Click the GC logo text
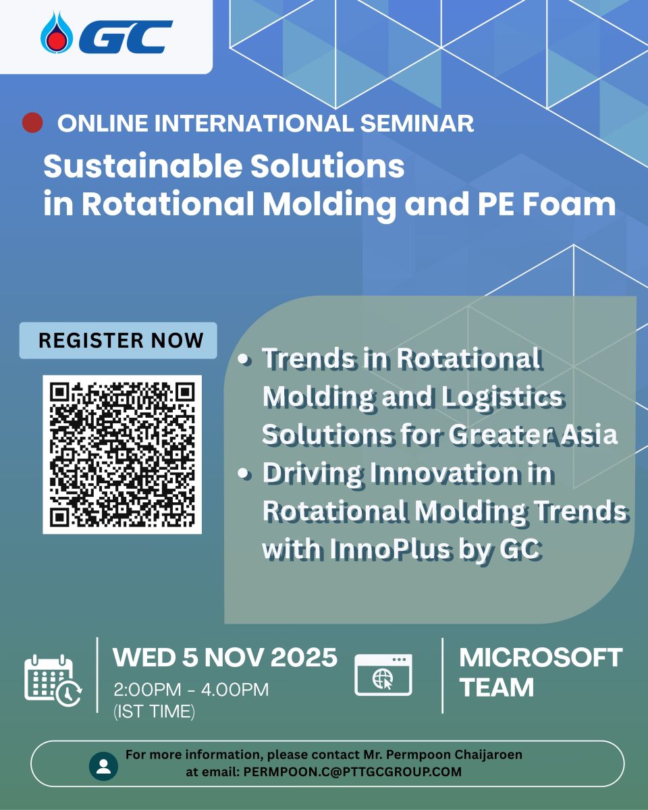(126, 37)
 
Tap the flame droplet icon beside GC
(57, 32)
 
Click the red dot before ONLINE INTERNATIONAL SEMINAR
(32, 123)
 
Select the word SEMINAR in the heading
(417, 123)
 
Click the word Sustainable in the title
(142, 166)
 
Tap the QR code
(122, 454)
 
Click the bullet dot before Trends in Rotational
(245, 360)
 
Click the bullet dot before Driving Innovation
(245, 475)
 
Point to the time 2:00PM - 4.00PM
(191, 690)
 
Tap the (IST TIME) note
(154, 711)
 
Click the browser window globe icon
(383, 674)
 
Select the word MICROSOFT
(541, 658)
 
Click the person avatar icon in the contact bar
(103, 766)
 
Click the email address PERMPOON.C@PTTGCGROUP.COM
(352, 772)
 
